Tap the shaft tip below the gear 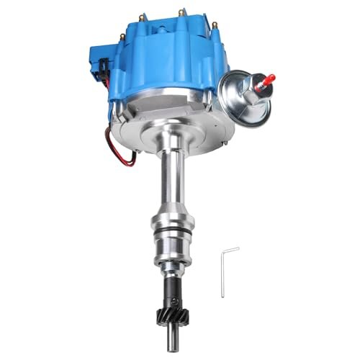click(x=178, y=348)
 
